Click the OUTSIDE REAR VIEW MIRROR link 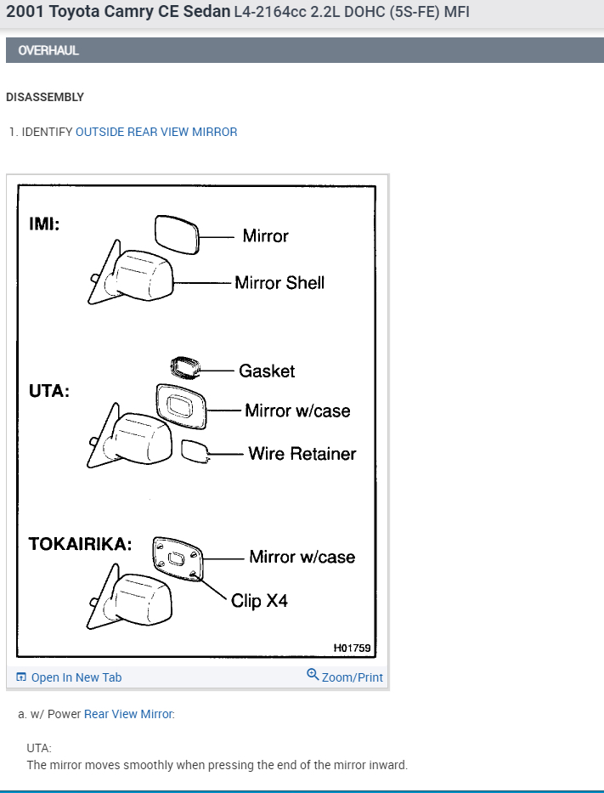point(156,132)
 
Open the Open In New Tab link point(76,677)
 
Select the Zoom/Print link point(352,677)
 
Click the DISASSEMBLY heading point(45,97)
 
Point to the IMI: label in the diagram point(45,224)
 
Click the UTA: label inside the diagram point(49,392)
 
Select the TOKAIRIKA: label point(80,544)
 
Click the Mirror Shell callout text point(279,283)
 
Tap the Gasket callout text point(267,371)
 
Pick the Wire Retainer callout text point(302,453)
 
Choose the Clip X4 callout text point(259,601)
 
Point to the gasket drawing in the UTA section point(183,367)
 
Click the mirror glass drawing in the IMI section point(176,235)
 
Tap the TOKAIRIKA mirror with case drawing point(178,558)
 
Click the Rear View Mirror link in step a point(128,714)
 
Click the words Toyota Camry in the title point(89,12)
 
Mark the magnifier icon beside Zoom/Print point(313,676)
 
